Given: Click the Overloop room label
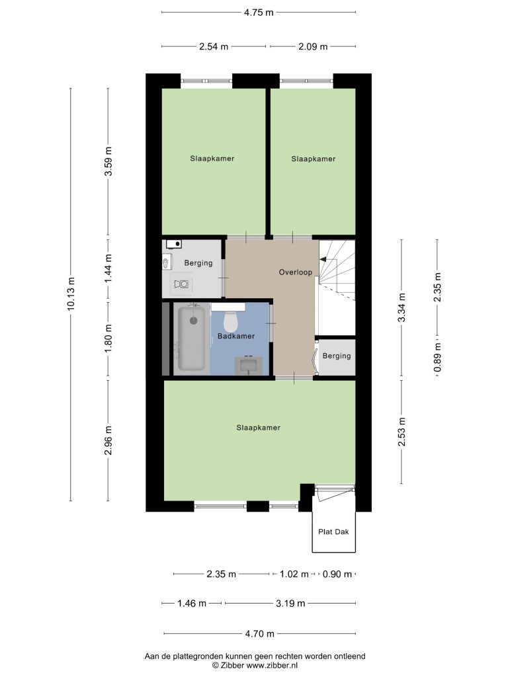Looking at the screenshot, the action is pos(296,272).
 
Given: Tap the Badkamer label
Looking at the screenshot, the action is pos(236,336).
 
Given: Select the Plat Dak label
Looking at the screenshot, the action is pos(333,532).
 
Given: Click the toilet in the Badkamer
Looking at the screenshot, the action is pos(231,321).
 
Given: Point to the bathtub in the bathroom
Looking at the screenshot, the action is pos(192,337).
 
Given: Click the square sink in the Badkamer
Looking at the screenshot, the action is pos(249,366).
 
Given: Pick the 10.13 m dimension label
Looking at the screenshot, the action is pos(71,293).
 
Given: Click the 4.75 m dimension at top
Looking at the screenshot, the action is pos(259,13).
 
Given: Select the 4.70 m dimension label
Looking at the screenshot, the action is pos(259,634).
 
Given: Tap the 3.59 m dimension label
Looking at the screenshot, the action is pos(108,161).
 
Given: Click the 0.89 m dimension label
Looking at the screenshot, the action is pos(437,357).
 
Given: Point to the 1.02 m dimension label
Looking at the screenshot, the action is pos(294,575).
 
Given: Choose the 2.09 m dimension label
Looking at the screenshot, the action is pos(313,47).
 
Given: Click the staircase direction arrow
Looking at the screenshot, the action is pos(324,259).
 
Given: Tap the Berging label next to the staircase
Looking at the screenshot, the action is pos(337,356).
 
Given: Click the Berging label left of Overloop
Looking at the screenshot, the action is pos(198,263).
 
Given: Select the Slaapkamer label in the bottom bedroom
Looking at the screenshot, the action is pos(259,428).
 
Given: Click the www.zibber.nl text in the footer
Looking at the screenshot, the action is pos(272,665).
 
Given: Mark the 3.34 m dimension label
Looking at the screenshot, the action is pos(402,307).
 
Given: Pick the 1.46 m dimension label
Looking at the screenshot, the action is pos(192,603).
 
